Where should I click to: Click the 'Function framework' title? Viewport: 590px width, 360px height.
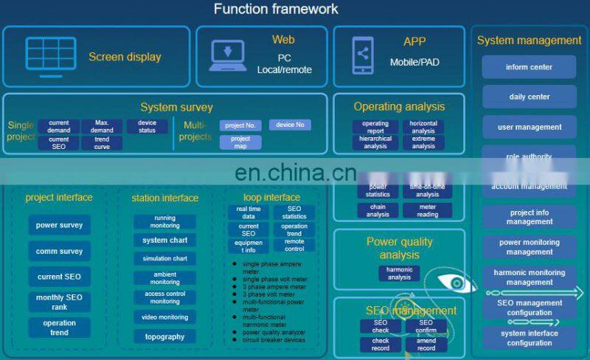pyautogui.click(x=276, y=10)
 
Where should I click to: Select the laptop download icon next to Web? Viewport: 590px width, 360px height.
pyautogui.click(x=229, y=54)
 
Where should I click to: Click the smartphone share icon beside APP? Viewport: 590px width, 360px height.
pyautogui.click(x=362, y=55)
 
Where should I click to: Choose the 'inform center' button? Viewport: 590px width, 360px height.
pyautogui.click(x=529, y=67)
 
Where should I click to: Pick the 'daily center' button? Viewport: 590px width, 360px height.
pyautogui.click(x=529, y=97)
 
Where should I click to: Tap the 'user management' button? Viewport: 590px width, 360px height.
pyautogui.click(x=529, y=127)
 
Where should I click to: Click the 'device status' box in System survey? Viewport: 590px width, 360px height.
pyautogui.click(x=147, y=126)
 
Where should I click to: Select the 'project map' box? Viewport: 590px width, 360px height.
pyautogui.click(x=240, y=142)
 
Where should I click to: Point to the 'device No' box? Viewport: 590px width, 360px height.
pyautogui.click(x=290, y=125)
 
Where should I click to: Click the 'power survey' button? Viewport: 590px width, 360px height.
pyautogui.click(x=59, y=225)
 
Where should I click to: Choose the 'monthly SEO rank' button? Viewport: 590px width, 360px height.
pyautogui.click(x=59, y=302)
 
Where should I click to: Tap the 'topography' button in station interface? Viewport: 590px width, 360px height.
pyautogui.click(x=164, y=336)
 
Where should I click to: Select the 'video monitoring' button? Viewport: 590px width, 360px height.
pyautogui.click(x=164, y=317)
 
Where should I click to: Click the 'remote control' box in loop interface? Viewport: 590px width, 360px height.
pyautogui.click(x=294, y=245)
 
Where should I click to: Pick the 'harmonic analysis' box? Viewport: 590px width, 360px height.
pyautogui.click(x=399, y=274)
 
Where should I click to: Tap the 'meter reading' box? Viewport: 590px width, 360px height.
pyautogui.click(x=427, y=210)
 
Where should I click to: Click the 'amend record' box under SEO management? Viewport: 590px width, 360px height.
pyautogui.click(x=426, y=345)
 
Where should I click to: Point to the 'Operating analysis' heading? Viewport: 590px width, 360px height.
pyautogui.click(x=399, y=107)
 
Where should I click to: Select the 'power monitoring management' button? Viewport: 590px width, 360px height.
pyautogui.click(x=529, y=247)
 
